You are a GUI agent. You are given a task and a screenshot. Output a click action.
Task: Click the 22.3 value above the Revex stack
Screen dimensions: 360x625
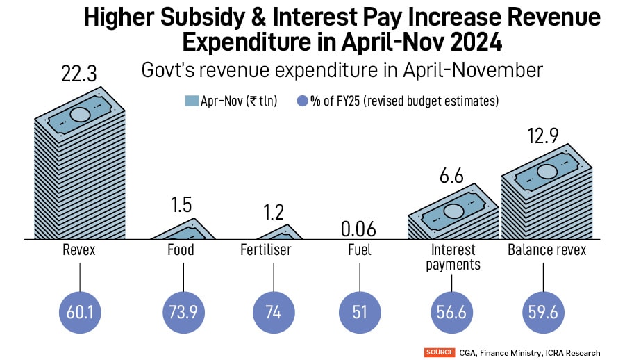[x=81, y=73]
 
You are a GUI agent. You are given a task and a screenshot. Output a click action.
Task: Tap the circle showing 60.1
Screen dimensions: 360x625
[x=81, y=312]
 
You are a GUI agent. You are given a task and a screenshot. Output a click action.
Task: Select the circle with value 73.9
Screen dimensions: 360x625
[x=183, y=312]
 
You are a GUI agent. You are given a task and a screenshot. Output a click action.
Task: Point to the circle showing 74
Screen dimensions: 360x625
[x=273, y=312]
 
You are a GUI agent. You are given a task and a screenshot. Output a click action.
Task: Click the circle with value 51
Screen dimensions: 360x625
[x=360, y=312]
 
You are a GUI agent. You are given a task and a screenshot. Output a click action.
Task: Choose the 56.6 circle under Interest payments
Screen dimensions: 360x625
[x=452, y=312]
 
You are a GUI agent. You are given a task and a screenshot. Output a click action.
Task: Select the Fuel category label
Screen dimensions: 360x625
[x=360, y=250]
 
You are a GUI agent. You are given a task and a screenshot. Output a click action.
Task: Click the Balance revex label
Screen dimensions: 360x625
[x=547, y=250]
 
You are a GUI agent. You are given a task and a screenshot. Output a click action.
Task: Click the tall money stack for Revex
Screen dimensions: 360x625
[x=81, y=167]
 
